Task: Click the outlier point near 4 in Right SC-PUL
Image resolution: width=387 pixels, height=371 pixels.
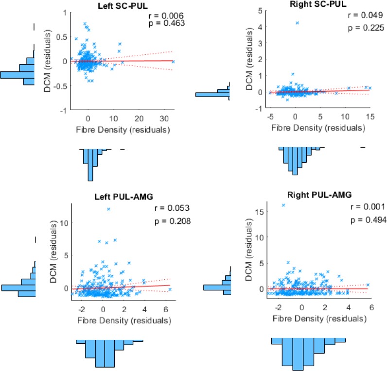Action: click(297, 22)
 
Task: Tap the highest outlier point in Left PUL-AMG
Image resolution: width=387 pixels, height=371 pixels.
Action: click(108, 209)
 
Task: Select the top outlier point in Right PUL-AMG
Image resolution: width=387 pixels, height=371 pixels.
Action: click(283, 205)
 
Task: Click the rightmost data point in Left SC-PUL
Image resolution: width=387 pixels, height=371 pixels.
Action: click(173, 62)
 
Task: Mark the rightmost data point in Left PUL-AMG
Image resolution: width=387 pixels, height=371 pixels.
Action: click(170, 289)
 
